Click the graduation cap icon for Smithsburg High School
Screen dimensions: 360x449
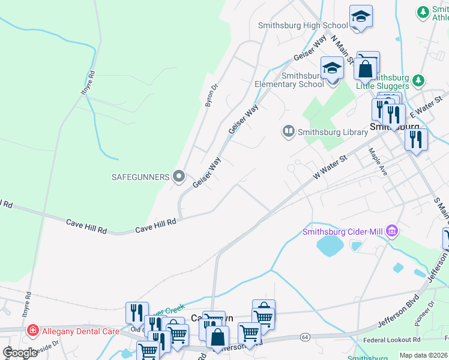pyautogui.click(x=361, y=16)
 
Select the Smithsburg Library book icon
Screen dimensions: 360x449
pyautogui.click(x=289, y=131)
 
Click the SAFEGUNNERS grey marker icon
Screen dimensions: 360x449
pyautogui.click(x=178, y=176)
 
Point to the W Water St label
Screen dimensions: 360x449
pyautogui.click(x=331, y=167)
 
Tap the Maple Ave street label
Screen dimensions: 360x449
pyautogui.click(x=379, y=161)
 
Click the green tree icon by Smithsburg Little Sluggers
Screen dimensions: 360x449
pyautogui.click(x=418, y=80)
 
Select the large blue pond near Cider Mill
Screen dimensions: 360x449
pyautogui.click(x=328, y=245)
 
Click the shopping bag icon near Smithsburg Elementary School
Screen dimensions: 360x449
pyautogui.click(x=365, y=69)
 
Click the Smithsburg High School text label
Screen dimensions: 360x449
pyautogui.click(x=303, y=25)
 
